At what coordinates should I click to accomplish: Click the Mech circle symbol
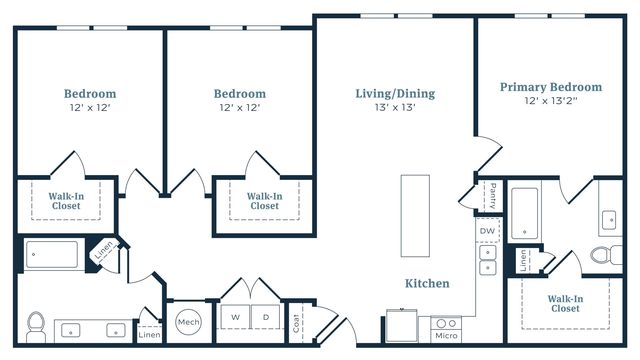point(189,322)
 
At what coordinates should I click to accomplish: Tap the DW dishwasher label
point(487,231)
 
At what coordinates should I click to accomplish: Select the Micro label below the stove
point(446,336)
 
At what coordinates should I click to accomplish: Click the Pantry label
point(493,196)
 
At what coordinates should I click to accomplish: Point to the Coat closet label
point(296,323)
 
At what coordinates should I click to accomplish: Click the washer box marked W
point(235,317)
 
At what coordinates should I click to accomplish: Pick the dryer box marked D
point(266,317)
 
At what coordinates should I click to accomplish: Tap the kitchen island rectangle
point(415,216)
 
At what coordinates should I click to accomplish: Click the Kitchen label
point(427,283)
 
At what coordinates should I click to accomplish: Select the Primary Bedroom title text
point(551,87)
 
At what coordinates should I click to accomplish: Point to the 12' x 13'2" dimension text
point(551,101)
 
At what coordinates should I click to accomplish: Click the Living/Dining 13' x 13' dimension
point(395,107)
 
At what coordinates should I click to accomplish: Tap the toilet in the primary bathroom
point(606,255)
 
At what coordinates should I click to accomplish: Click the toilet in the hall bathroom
point(36,327)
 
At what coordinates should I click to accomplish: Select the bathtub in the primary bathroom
point(524,213)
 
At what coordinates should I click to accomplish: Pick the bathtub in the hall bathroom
point(52,254)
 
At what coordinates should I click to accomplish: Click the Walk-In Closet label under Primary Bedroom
point(565,304)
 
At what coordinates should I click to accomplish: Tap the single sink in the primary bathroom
point(609,220)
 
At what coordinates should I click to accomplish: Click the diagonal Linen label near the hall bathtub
point(104,251)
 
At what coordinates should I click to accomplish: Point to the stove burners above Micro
point(446,324)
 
